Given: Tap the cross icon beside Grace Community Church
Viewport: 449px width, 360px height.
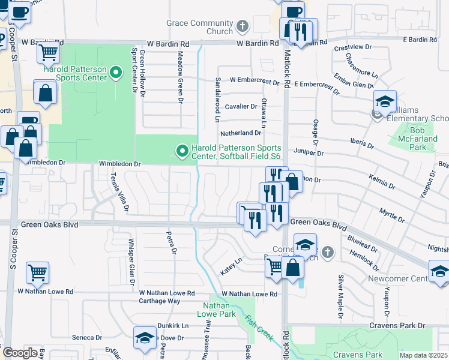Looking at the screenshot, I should (243, 26).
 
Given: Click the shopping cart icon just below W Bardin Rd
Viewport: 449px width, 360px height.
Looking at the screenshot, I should (48, 53).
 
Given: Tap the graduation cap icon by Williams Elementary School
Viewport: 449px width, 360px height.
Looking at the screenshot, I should (385, 101).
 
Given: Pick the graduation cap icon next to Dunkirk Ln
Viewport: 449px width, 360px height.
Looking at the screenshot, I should (145, 338).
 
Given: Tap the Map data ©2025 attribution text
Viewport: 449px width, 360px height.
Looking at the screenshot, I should (423, 355).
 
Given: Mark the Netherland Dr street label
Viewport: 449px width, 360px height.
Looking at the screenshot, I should (241, 133).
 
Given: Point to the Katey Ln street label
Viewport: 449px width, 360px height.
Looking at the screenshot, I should (231, 268).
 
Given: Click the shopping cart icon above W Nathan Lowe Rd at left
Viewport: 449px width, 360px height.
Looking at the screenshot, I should (37, 273).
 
